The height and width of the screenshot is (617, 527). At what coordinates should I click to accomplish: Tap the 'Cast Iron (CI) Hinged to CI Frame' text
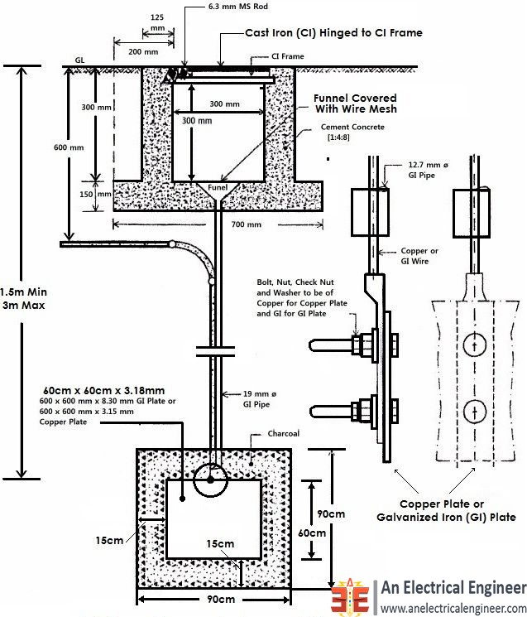[334, 33]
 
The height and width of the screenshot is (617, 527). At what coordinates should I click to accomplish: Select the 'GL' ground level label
[80, 60]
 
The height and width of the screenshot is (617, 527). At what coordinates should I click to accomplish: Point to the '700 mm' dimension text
[246, 224]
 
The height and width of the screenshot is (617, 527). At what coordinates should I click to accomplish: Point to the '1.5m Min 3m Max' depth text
[22, 299]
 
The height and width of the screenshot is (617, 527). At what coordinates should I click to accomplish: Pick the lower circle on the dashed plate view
[472, 411]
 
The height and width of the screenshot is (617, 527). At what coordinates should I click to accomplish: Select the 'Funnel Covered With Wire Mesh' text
[355, 104]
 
